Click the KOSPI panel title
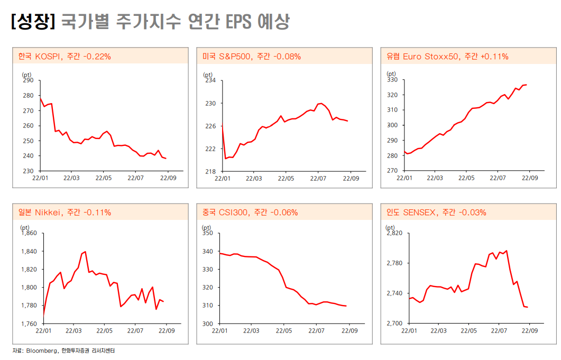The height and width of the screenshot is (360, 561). tap(65, 56)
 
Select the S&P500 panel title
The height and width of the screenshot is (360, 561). tap(252, 56)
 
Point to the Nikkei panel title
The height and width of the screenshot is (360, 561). tap(65, 213)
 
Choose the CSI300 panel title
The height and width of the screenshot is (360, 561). tap(250, 213)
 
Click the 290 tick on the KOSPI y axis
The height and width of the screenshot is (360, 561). tap(27, 80)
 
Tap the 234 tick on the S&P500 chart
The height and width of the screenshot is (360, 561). tap(210, 80)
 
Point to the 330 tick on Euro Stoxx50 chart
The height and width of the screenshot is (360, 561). tap(392, 80)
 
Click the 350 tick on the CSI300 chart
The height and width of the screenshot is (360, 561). tap(207, 233)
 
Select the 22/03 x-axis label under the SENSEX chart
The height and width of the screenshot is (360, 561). tap(438, 330)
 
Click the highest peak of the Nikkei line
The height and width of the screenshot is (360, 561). tap(85, 252)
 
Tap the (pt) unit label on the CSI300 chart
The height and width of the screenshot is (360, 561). tap(207, 227)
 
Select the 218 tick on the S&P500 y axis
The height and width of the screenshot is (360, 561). tap(210, 171)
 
